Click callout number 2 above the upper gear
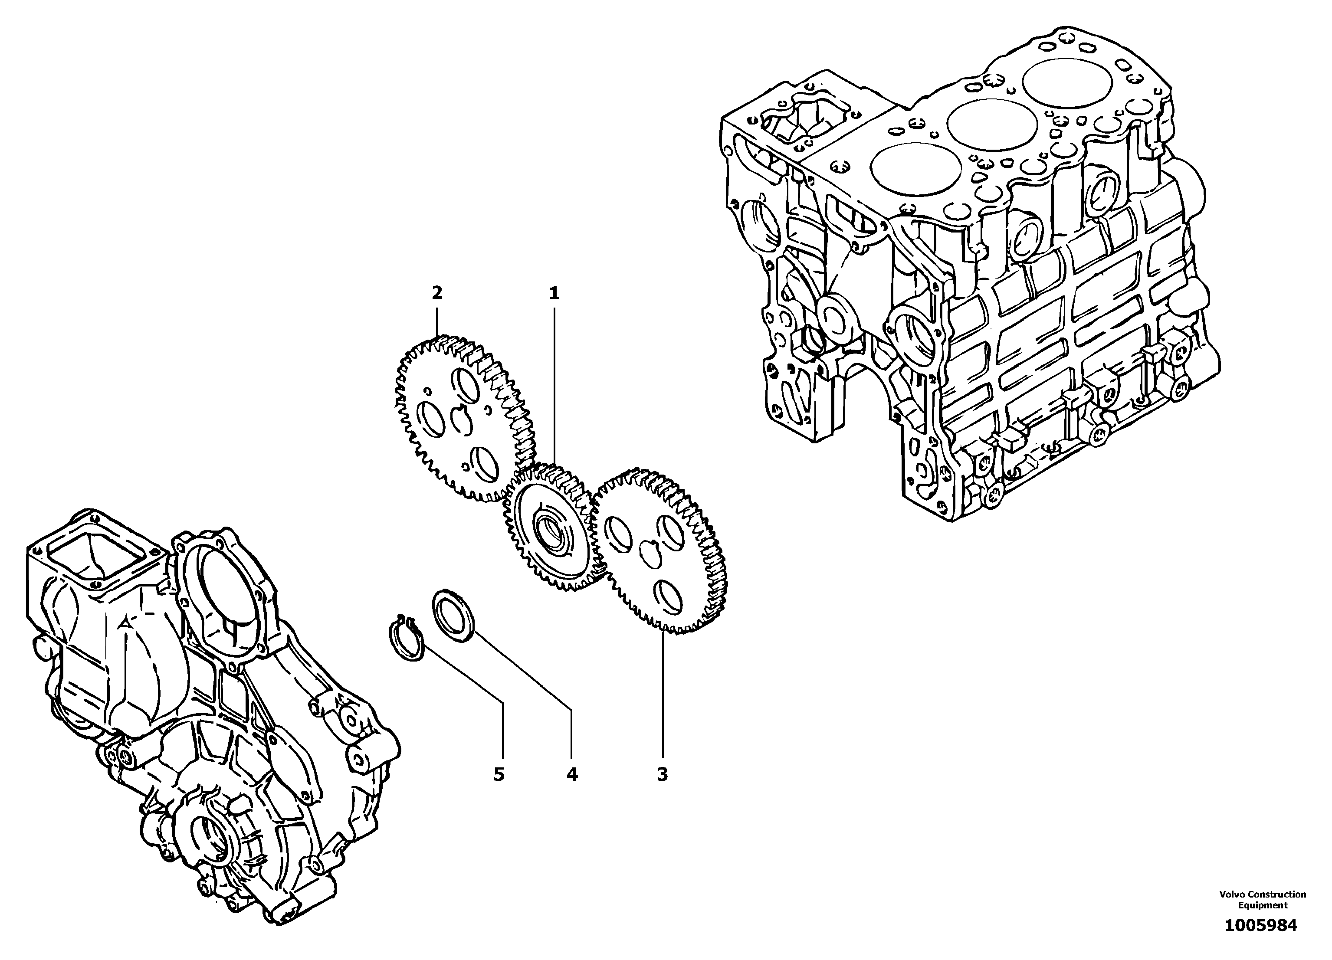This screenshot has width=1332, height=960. click(x=436, y=292)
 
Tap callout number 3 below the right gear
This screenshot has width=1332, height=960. click(x=662, y=774)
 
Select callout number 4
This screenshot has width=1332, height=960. click(x=571, y=774)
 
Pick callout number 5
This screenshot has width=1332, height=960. click(x=498, y=774)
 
